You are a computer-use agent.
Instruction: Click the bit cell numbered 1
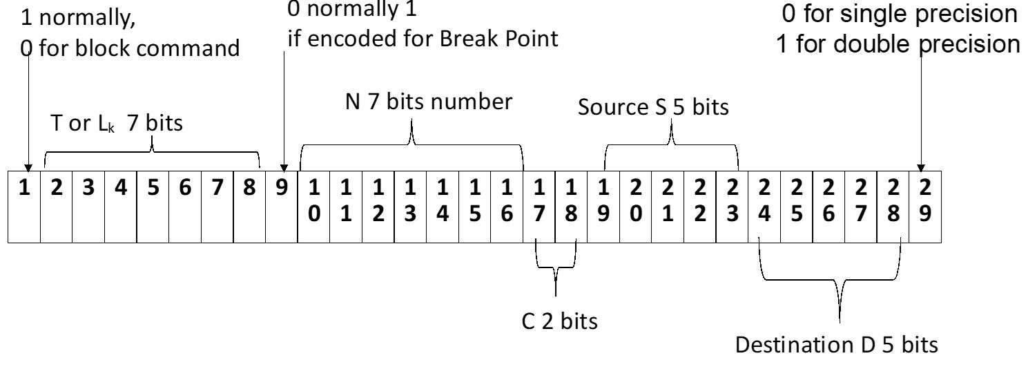[x=24, y=207]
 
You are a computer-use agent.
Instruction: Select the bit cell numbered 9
[x=281, y=207]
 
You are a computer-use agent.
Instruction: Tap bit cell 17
[x=539, y=207]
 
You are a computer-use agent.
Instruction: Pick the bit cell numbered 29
[x=925, y=207]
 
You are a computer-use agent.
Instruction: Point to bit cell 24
[x=764, y=207]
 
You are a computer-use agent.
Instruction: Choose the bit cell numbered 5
[x=153, y=207]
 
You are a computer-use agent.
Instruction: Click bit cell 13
[x=410, y=207]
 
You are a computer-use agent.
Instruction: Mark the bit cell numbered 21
[x=668, y=207]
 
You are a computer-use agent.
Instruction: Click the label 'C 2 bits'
[x=559, y=321]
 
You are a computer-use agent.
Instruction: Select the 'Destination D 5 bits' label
[x=836, y=344]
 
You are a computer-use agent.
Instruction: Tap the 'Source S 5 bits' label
[x=653, y=107]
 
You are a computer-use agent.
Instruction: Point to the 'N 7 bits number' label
[x=428, y=102]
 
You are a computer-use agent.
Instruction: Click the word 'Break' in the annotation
[x=469, y=39]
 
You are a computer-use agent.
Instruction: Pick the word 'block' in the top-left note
[x=106, y=48]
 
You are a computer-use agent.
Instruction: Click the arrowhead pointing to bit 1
[x=28, y=168]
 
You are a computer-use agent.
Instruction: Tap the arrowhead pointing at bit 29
[x=920, y=168]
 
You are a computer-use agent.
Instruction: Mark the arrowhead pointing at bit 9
[x=284, y=168]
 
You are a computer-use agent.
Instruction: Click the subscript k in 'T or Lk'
[x=111, y=128]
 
